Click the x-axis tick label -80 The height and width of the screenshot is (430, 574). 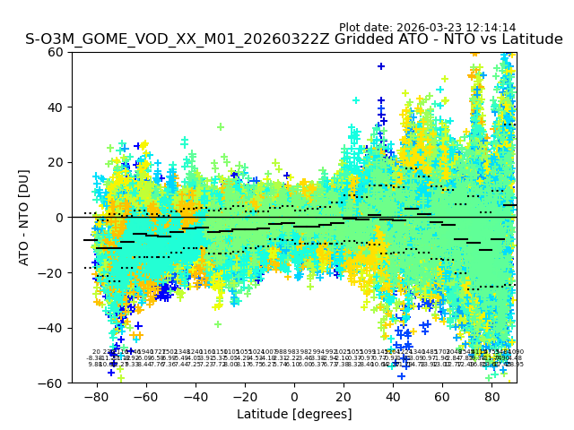point(93,396)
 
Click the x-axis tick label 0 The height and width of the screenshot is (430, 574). point(294,396)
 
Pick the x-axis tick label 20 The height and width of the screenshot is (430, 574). point(344,396)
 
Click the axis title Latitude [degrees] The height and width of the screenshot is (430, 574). point(294,414)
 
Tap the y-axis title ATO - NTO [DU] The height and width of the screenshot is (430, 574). point(24,217)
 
